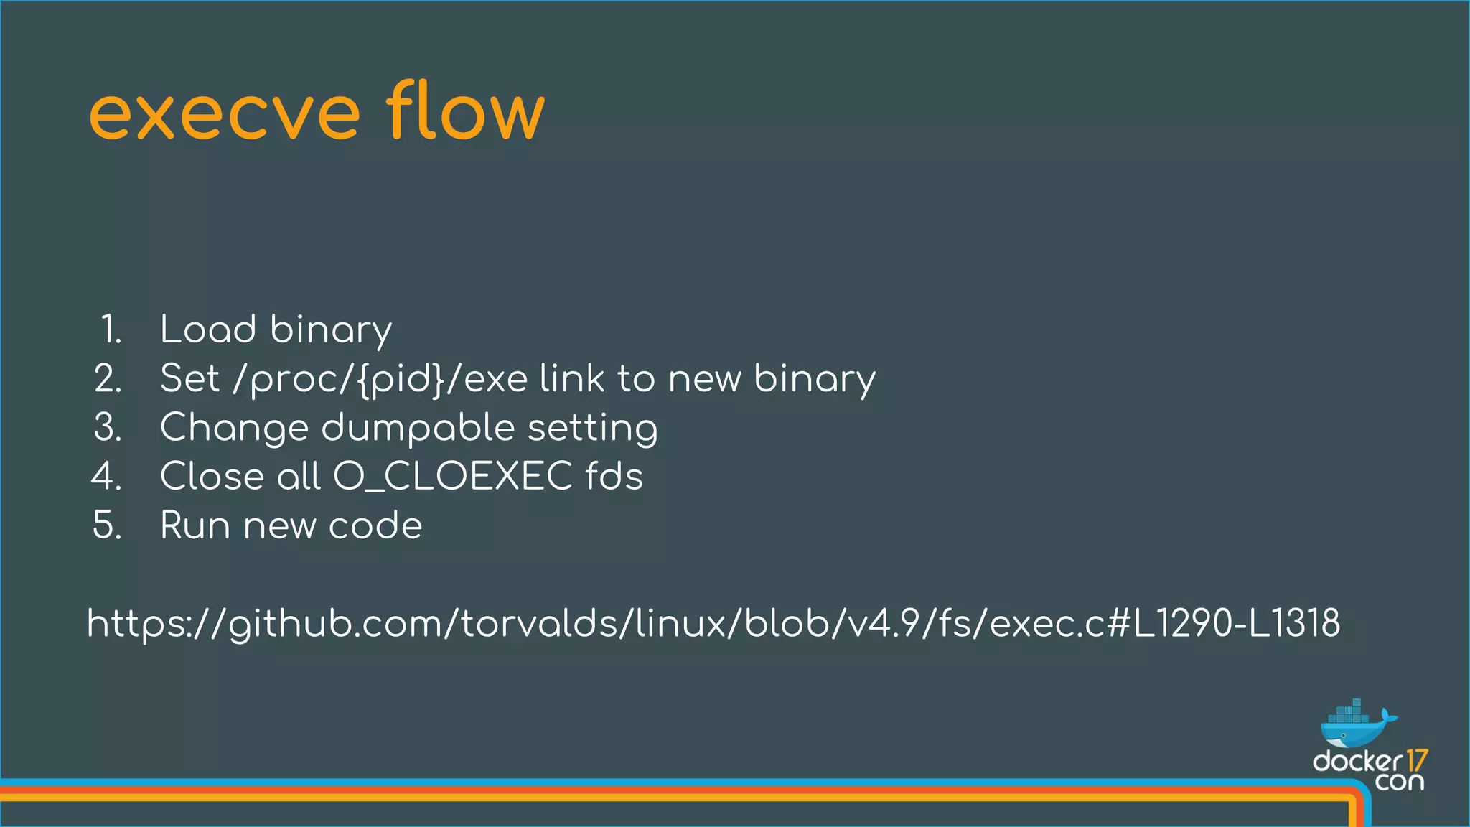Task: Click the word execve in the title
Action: coord(224,115)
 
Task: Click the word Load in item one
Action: coord(208,330)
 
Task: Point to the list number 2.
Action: coord(108,378)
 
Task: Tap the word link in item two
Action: coord(572,378)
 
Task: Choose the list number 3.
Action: coord(108,427)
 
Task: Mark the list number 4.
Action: coord(107,476)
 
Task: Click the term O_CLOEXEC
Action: coord(453,477)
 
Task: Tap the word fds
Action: coord(614,476)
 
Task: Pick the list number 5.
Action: coord(108,525)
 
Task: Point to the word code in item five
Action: coord(375,525)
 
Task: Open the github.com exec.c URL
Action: coord(713,623)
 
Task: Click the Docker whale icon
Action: coord(1356,726)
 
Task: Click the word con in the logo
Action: coord(1399,781)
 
